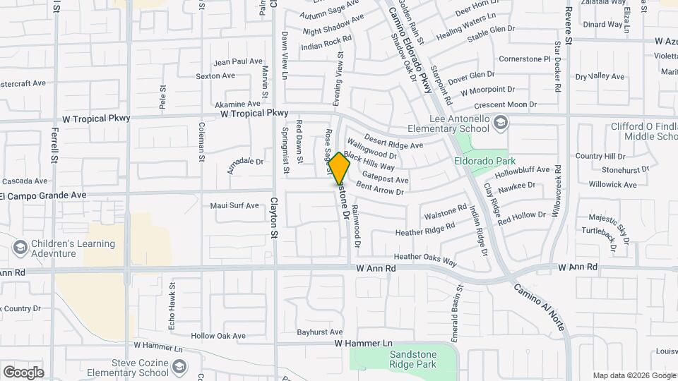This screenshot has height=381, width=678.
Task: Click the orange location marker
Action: (339, 168)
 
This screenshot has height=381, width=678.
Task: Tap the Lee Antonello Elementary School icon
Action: (501, 123)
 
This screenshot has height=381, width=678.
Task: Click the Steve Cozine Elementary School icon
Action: (179, 367)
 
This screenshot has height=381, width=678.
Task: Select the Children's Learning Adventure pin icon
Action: (20, 248)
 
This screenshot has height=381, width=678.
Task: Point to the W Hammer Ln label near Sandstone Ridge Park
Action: (363, 343)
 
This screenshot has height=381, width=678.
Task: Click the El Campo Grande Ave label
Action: (44, 195)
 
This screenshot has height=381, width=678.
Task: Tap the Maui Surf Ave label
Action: (234, 205)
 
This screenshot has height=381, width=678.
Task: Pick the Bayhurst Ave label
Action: (319, 332)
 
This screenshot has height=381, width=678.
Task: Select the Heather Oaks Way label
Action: (425, 260)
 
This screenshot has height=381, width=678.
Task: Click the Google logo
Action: (23, 372)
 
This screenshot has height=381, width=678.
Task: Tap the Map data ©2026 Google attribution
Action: (634, 375)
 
